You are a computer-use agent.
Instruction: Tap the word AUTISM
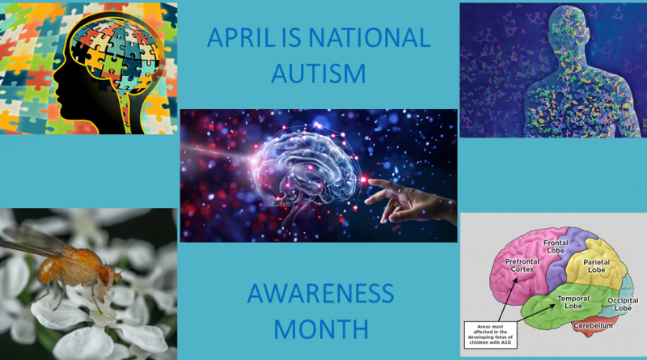(x=319, y=74)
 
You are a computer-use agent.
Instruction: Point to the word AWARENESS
(x=320, y=293)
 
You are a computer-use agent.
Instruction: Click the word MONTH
(x=321, y=329)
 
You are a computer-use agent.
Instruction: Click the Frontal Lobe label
(x=556, y=247)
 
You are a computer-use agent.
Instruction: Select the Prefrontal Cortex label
(x=522, y=265)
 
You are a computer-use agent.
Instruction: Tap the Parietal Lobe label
(x=596, y=266)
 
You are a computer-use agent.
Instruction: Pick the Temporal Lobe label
(x=573, y=302)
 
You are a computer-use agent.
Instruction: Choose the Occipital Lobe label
(x=623, y=304)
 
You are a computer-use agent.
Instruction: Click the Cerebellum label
(x=593, y=326)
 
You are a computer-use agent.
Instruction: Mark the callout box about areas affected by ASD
(x=490, y=335)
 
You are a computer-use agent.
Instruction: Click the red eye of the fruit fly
(x=105, y=275)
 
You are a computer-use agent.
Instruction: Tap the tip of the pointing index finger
(x=370, y=180)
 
